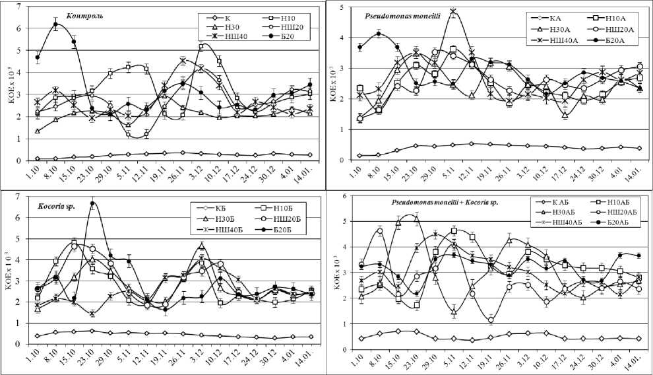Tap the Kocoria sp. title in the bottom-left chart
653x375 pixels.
coord(61,206)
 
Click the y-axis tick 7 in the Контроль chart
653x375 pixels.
coord(17,7)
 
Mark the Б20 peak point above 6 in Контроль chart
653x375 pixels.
coord(55,25)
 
